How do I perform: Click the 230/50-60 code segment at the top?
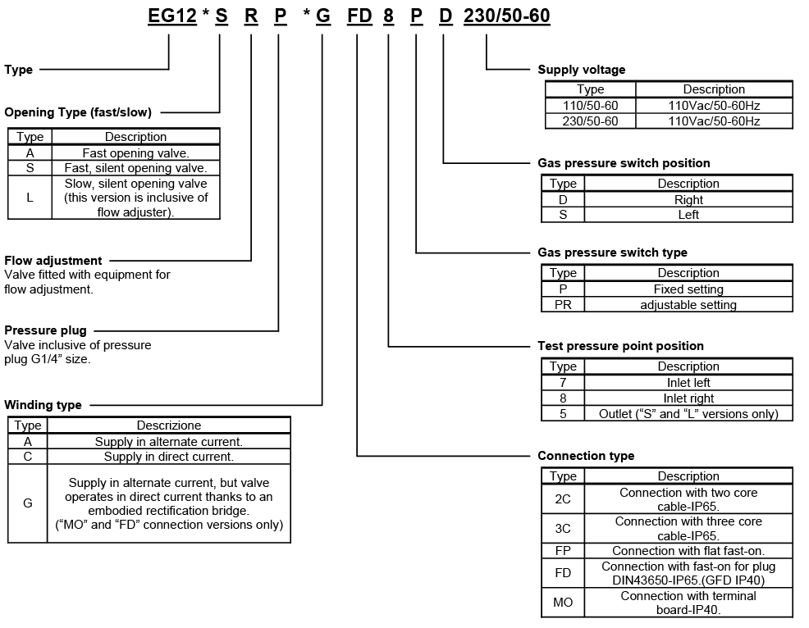click(506, 16)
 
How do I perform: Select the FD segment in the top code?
click(359, 16)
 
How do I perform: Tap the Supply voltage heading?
click(581, 70)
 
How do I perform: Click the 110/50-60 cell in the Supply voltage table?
click(590, 105)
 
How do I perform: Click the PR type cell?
click(563, 305)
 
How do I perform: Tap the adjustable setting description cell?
click(688, 305)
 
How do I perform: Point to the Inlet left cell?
click(688, 382)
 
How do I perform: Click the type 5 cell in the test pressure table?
click(563, 414)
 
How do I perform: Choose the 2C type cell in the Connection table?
click(563, 499)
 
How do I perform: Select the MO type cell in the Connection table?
click(563, 603)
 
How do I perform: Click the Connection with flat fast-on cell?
click(688, 551)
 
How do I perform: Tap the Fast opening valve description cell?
click(136, 152)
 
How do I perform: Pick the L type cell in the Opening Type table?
click(30, 198)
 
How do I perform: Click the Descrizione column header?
click(169, 425)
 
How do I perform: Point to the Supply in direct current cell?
click(169, 457)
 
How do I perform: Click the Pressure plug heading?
click(45, 330)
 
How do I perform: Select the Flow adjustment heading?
click(53, 261)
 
